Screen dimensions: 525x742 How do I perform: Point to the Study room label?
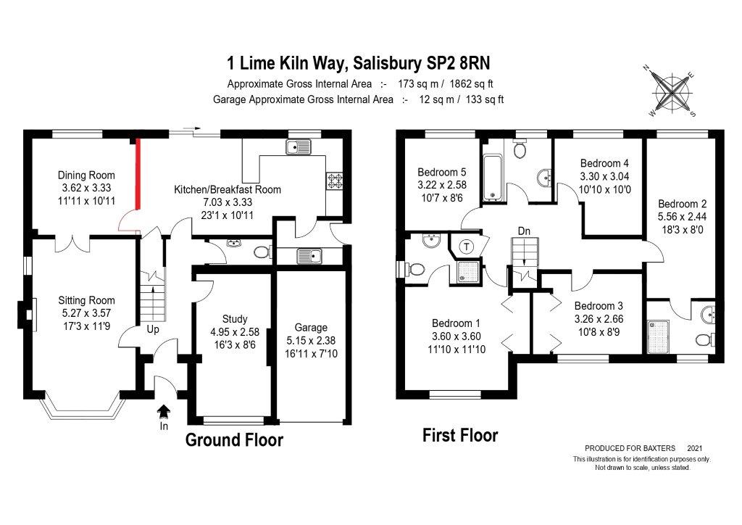coord(235,319)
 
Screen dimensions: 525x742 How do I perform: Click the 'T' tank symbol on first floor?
coord(467,246)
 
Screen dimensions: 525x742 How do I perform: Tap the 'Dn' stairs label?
coord(525,231)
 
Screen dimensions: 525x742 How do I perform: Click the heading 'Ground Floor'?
coord(234,440)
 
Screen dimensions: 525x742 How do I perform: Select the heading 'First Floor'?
coord(460,436)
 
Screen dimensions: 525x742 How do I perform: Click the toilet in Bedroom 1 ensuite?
coord(415,269)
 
